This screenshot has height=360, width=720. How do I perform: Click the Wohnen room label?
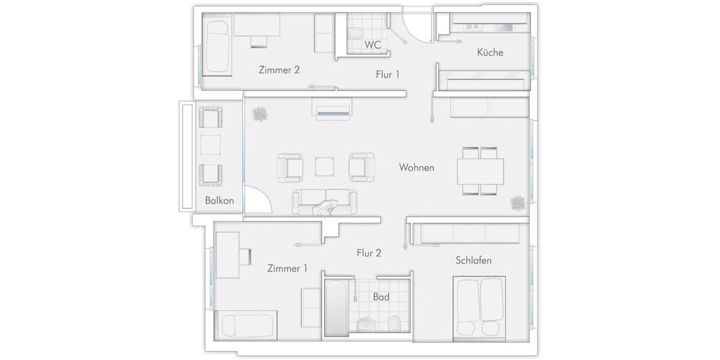tap(416, 167)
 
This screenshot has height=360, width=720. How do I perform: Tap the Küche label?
tap(490, 52)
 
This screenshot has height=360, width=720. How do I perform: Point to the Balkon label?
tap(219, 200)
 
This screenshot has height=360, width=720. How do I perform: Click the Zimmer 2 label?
tap(279, 70)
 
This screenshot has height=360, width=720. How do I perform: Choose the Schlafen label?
tap(473, 260)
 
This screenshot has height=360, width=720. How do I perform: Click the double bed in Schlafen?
tap(481, 307)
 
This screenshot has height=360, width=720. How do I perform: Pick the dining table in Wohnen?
tap(481, 171)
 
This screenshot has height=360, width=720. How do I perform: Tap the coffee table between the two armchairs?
tap(326, 166)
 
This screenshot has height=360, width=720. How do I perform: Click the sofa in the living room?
tap(324, 202)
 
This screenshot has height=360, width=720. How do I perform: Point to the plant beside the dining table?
tap(518, 203)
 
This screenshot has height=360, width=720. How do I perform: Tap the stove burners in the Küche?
tap(473, 26)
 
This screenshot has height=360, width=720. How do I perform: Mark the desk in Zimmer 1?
tap(227, 254)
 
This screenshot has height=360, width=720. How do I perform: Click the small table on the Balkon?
tap(210, 145)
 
